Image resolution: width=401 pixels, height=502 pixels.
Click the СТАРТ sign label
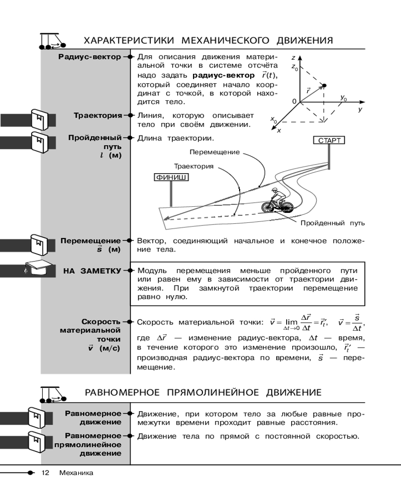(x=329, y=141)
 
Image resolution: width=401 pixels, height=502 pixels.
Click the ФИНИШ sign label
(x=171, y=177)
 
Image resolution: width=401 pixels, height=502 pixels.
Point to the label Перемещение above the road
(x=215, y=152)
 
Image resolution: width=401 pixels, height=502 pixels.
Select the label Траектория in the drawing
(x=193, y=166)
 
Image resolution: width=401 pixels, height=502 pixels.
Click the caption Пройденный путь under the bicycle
(x=332, y=223)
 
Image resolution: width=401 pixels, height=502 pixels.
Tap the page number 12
(x=46, y=473)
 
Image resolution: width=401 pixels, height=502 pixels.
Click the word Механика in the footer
(x=76, y=473)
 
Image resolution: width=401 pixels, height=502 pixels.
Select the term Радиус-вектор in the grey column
(x=90, y=57)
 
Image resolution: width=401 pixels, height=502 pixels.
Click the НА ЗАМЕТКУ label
(x=92, y=271)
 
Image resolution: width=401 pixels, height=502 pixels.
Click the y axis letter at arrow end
(x=359, y=109)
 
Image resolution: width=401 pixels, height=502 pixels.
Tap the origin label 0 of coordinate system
(x=294, y=101)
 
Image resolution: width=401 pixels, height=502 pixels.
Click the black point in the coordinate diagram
(x=324, y=85)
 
